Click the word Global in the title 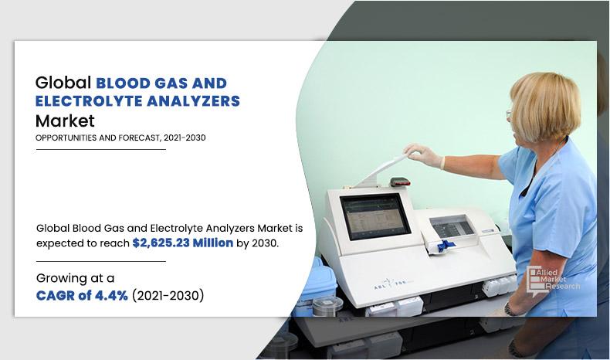(63, 82)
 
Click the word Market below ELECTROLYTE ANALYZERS (65, 121)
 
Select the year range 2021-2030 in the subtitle (185, 138)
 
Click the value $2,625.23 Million (182, 243)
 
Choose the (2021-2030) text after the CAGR (168, 294)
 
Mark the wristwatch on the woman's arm (510, 308)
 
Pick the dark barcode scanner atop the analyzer (399, 182)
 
